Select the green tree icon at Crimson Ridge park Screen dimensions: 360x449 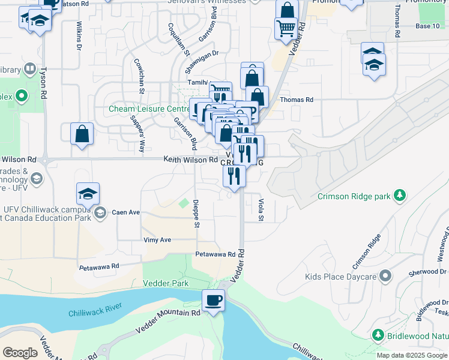point(399,196)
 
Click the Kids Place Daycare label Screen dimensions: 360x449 point(340,277)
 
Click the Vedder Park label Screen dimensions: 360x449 point(166,283)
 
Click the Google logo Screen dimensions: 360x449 point(20,352)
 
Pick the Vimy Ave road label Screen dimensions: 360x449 point(157,240)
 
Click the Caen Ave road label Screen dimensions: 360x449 point(125,212)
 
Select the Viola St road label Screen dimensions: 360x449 point(261,210)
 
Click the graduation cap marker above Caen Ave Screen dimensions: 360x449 point(88,194)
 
